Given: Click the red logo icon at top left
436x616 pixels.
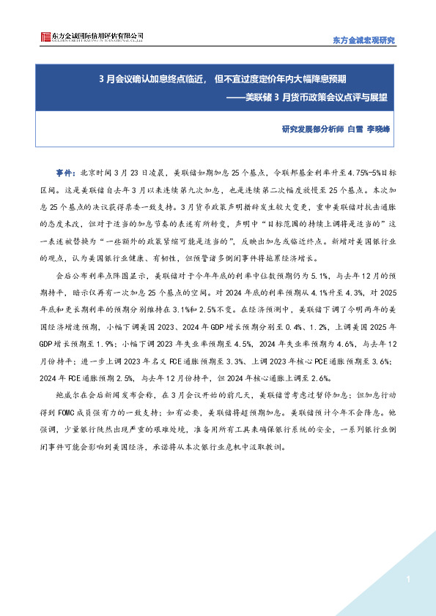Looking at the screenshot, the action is (45, 37).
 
